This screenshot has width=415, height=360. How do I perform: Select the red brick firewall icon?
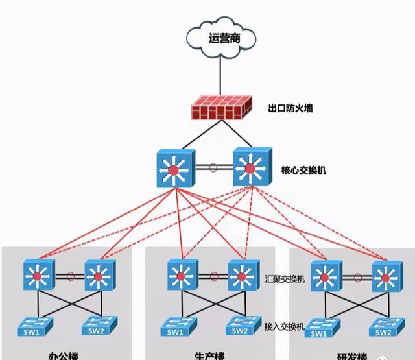pyautogui.click(x=220, y=110)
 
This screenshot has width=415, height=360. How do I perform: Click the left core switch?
pyautogui.click(x=174, y=170)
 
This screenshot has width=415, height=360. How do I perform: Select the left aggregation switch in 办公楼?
pyautogui.click(x=38, y=276)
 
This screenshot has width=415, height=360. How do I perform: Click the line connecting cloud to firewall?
pyautogui.click(x=220, y=75)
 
